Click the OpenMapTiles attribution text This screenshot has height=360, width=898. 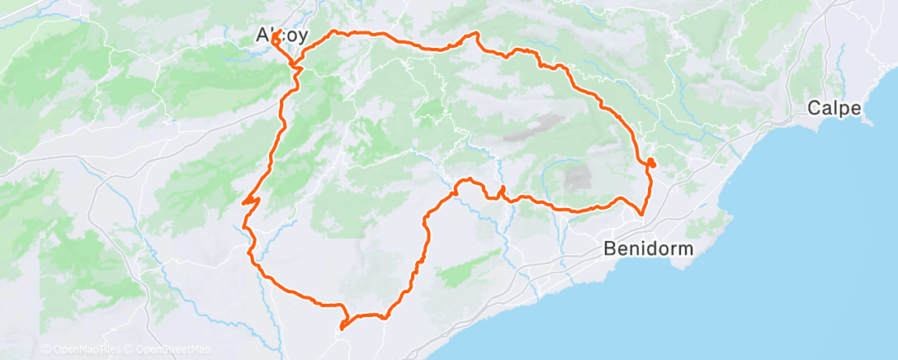point(83,350)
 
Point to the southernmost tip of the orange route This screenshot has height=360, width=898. point(340,329)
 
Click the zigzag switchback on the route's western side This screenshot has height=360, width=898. point(250,200)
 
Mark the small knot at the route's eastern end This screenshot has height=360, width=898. point(651,162)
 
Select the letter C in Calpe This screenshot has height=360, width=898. point(814,107)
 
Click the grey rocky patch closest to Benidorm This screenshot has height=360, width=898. point(578,176)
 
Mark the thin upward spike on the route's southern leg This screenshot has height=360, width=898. point(501,192)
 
